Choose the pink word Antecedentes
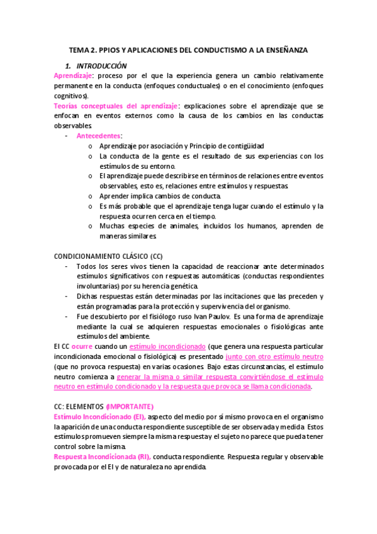pos(99,135)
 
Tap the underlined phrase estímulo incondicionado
pos(167,347)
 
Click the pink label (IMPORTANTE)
pos(130,407)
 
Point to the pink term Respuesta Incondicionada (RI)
pos(102,457)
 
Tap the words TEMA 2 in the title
pos(82,49)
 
